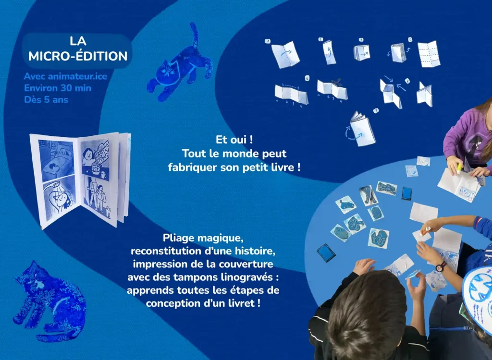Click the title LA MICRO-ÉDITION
point(77,48)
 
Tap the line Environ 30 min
point(58,88)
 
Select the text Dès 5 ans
point(46,100)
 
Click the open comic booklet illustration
point(80,178)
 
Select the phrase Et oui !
point(234,140)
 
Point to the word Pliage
point(178,238)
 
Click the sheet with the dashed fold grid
point(429,53)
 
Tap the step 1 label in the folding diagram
point(267,41)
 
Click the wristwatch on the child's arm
point(441,265)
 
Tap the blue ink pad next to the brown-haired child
point(326,253)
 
